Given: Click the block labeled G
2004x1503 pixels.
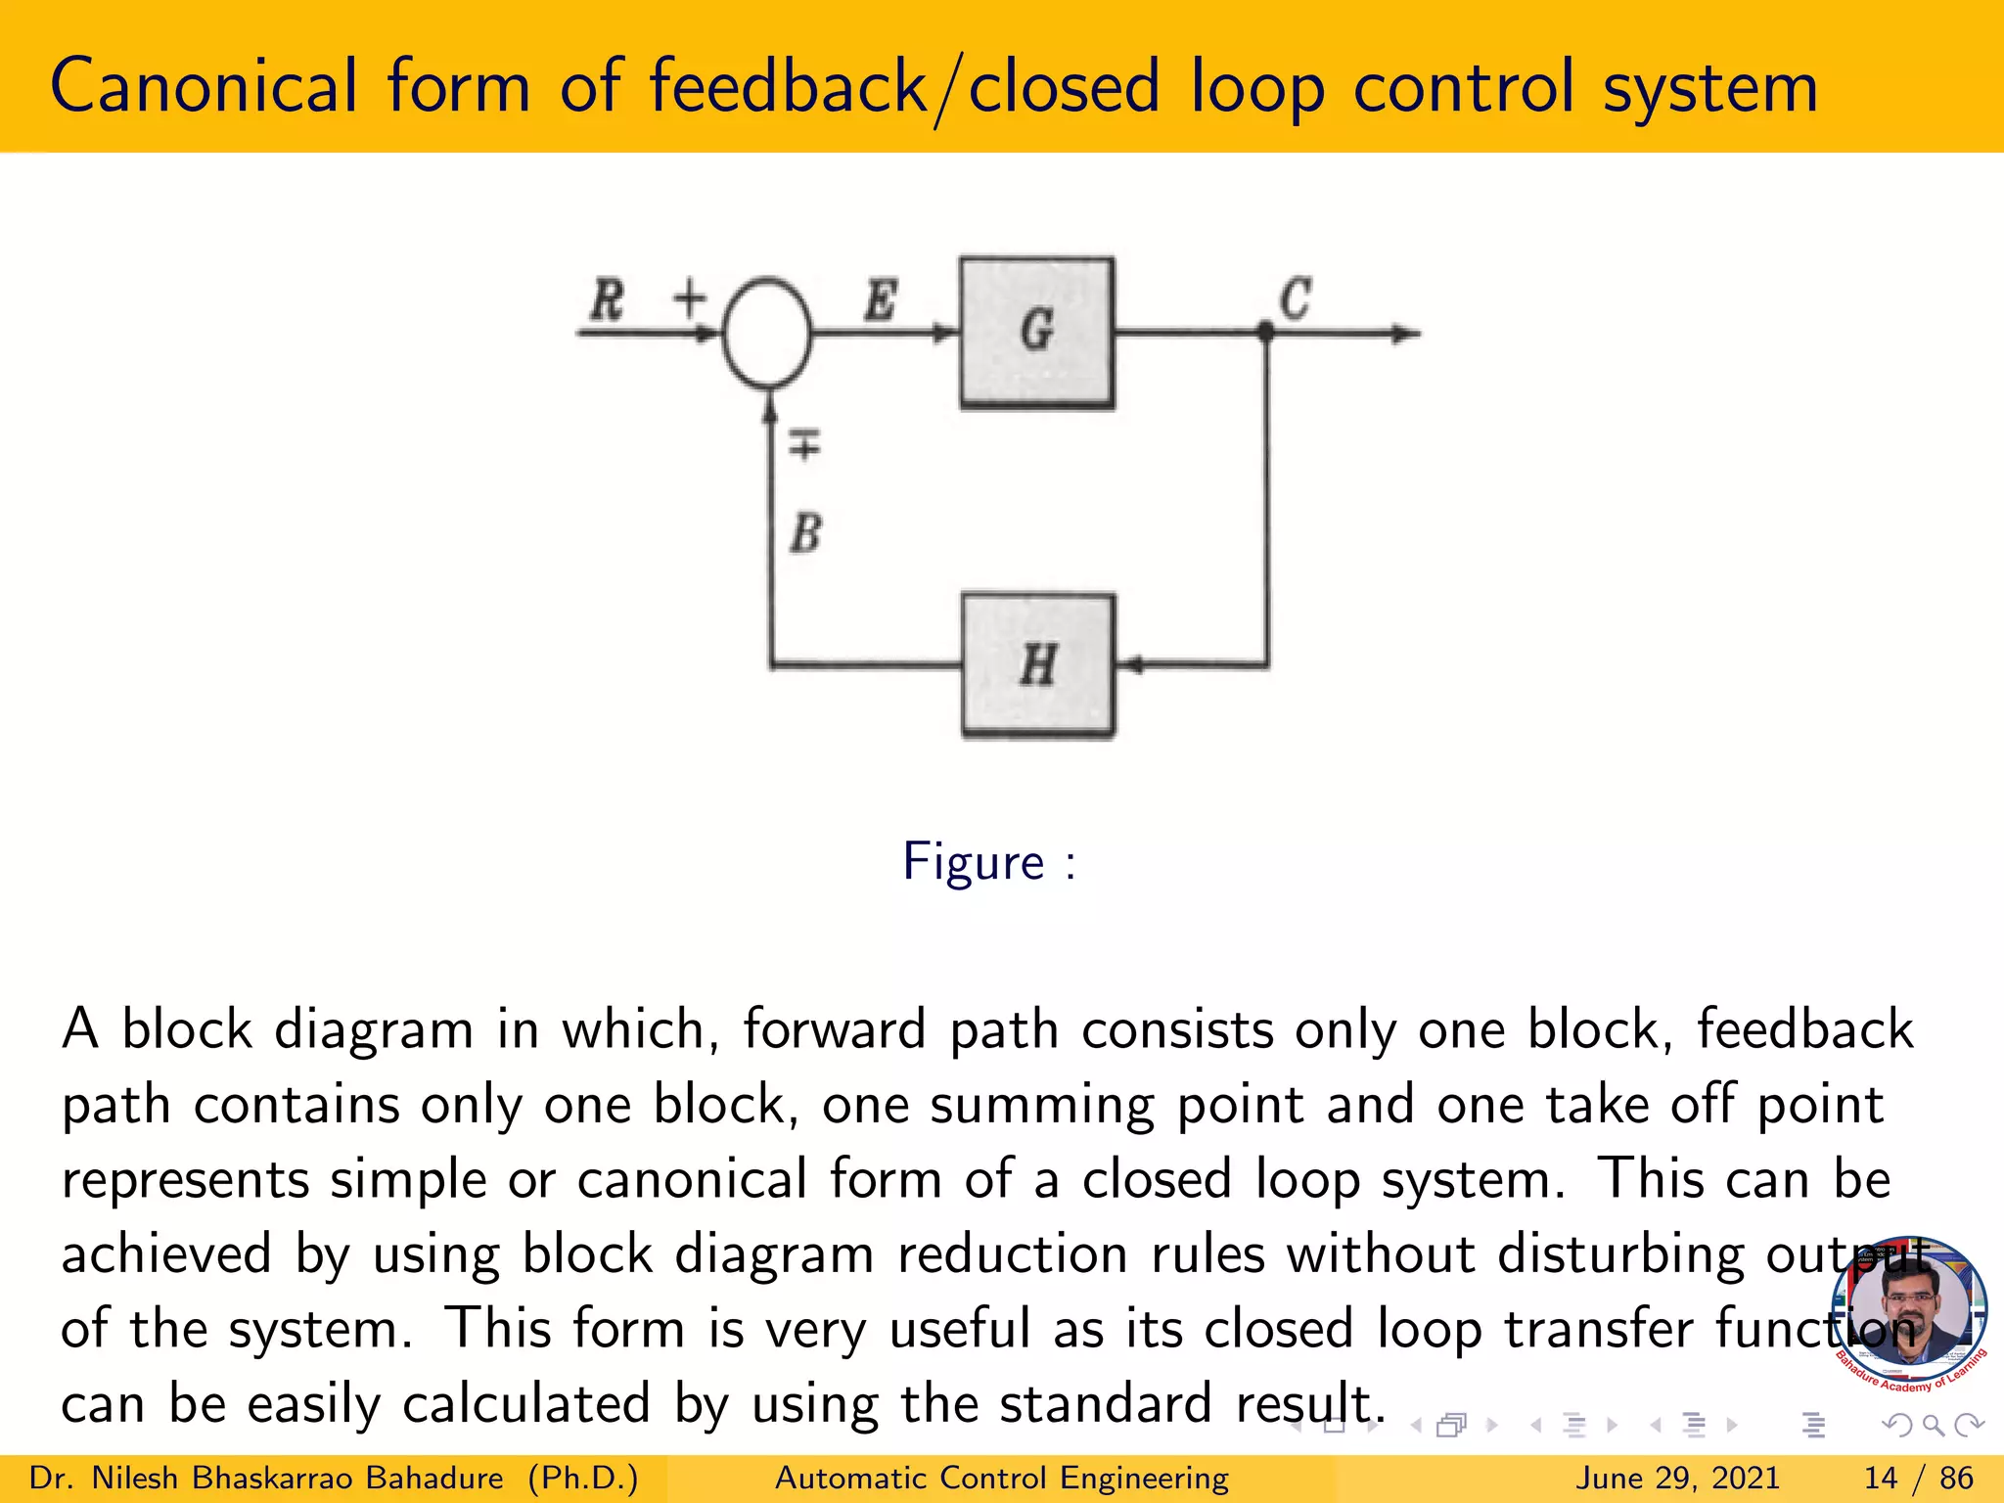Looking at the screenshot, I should (1037, 333).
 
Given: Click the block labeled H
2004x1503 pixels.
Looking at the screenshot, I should (1038, 665).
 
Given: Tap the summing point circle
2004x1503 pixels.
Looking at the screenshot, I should (767, 333).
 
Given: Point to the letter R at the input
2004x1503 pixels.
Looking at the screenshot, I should (607, 299).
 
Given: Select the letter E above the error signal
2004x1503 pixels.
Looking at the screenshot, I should (880, 299).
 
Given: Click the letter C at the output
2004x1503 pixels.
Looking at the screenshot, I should (1295, 298).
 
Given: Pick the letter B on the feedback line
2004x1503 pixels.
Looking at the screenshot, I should (805, 534).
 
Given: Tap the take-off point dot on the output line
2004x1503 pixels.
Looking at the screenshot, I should (1265, 333).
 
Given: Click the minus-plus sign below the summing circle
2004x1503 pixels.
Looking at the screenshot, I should (804, 445).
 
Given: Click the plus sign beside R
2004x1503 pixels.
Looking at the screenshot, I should (690, 297).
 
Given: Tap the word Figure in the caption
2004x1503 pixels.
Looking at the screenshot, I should (974, 862).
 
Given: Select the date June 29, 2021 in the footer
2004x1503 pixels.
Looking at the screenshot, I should (1676, 1478).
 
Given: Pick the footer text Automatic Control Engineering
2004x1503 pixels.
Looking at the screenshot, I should (1001, 1478).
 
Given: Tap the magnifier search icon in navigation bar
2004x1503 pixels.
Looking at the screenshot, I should (1933, 1426).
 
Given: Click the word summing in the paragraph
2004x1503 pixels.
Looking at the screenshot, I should (1041, 1106).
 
